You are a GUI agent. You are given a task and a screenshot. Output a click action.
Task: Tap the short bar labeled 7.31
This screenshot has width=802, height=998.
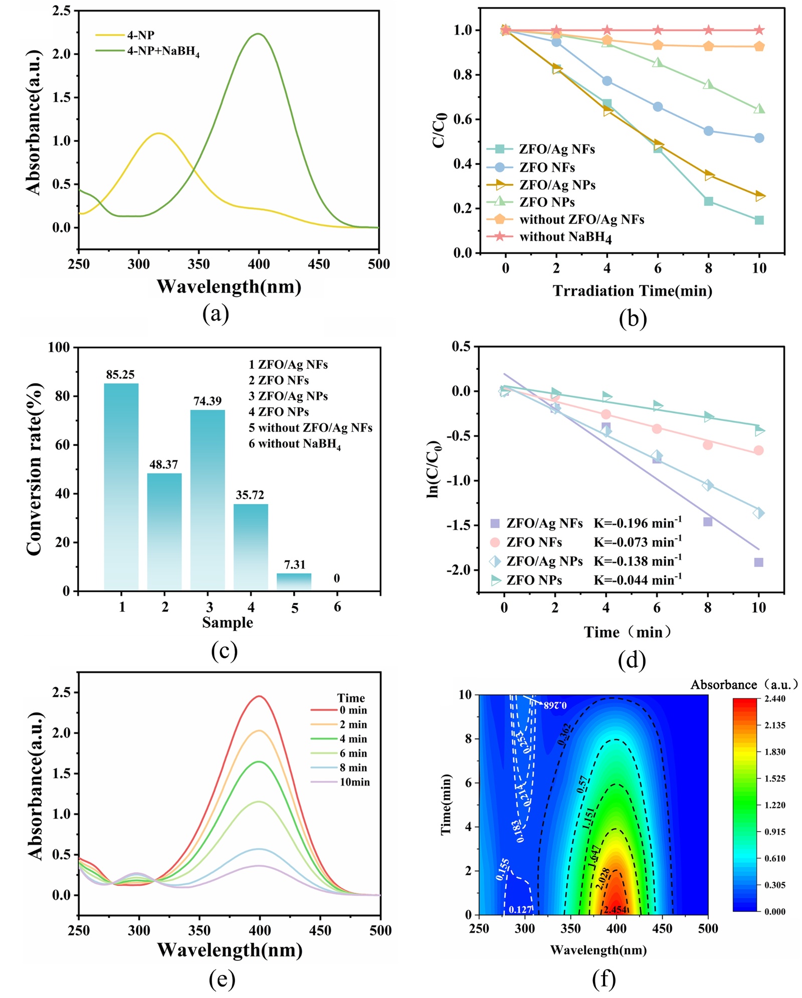tap(294, 582)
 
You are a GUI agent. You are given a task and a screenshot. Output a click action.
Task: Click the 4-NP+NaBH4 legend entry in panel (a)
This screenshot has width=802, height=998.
tap(163, 52)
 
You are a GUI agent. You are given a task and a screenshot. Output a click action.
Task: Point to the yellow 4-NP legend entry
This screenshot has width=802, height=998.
tap(140, 35)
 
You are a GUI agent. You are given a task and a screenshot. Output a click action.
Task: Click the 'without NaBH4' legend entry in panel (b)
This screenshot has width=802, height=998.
tap(565, 236)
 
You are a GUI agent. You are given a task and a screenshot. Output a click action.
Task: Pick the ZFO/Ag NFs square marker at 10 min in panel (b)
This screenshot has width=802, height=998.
tap(759, 220)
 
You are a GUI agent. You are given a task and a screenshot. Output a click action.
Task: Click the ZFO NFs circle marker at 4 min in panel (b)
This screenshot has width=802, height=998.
tap(607, 81)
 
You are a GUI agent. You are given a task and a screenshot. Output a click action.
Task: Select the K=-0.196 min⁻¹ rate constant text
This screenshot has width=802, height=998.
tap(638, 523)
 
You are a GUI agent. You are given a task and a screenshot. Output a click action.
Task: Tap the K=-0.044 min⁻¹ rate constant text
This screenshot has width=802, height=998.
tap(638, 580)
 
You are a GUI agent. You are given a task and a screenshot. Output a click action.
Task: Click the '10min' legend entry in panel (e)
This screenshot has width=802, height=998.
tap(354, 782)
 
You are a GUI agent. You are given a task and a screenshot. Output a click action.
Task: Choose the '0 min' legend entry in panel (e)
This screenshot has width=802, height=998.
tap(353, 710)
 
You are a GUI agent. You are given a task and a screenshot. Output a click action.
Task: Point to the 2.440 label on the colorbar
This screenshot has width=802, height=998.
tap(775, 698)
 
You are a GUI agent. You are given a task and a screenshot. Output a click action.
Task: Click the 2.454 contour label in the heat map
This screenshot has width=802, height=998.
tap(615, 909)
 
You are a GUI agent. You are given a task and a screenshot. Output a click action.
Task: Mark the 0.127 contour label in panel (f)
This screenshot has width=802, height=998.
tap(520, 909)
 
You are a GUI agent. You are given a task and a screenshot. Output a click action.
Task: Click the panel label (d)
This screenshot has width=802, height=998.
tap(632, 661)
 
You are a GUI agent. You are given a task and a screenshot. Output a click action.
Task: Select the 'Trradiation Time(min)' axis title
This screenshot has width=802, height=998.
tap(633, 291)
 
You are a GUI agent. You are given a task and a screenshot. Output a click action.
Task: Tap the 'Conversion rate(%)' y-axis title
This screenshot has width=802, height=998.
tap(34, 469)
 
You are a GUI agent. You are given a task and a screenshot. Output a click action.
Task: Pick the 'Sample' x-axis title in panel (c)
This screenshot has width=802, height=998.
tap(228, 622)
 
